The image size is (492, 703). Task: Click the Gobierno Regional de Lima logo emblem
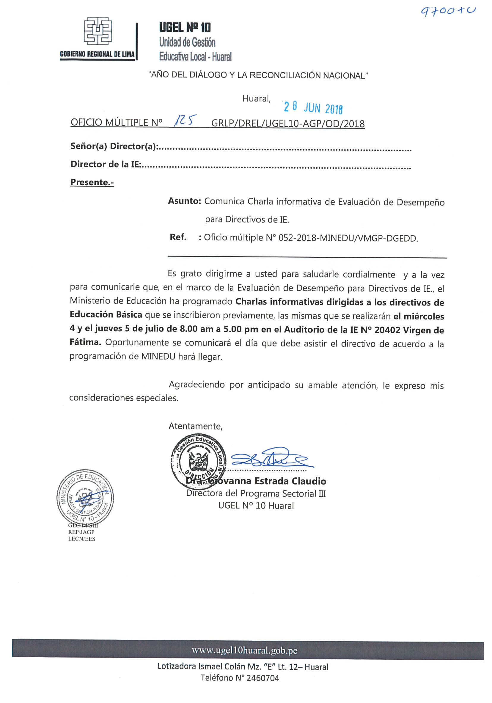[98, 31]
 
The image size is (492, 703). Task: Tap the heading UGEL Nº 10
[185, 28]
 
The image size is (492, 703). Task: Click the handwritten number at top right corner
[448, 11]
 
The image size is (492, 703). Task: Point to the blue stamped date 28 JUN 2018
[313, 107]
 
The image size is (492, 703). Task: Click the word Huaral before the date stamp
[256, 99]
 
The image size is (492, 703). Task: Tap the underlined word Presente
[92, 182]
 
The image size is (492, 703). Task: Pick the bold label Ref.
[178, 237]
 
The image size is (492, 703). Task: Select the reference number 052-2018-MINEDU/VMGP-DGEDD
[348, 238]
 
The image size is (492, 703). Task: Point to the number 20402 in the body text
[387, 330]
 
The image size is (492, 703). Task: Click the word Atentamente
[195, 426]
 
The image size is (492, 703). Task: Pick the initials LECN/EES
[81, 539]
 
